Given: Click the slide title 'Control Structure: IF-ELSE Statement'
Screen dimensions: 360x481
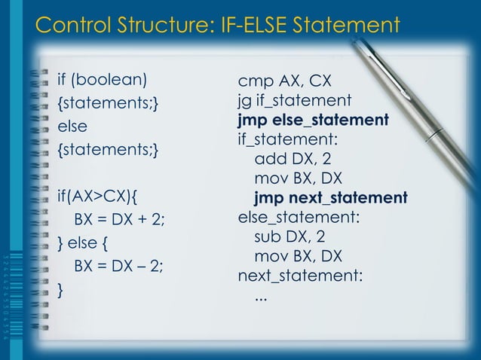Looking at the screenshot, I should (x=217, y=26).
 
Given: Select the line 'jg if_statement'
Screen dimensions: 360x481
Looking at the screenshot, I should (x=295, y=100).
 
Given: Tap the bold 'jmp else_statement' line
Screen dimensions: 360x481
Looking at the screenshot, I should (x=313, y=120).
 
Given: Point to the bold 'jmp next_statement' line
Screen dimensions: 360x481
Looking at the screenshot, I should (x=330, y=198).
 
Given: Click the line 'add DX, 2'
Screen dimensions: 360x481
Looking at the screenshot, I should (x=293, y=159).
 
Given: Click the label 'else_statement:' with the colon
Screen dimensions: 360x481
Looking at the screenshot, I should (x=299, y=218).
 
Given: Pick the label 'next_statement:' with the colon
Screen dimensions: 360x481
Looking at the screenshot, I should (x=300, y=276).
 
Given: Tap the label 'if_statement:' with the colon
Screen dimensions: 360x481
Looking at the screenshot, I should (x=287, y=139).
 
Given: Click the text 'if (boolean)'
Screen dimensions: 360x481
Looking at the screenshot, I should (x=103, y=79).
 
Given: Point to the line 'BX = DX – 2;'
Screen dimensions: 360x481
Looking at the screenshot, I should (x=118, y=267).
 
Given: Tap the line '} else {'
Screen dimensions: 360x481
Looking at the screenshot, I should (x=85, y=244).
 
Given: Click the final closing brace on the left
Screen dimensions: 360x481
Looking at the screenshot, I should (x=61, y=289).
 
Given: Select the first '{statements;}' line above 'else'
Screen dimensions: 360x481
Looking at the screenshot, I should (x=108, y=102).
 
